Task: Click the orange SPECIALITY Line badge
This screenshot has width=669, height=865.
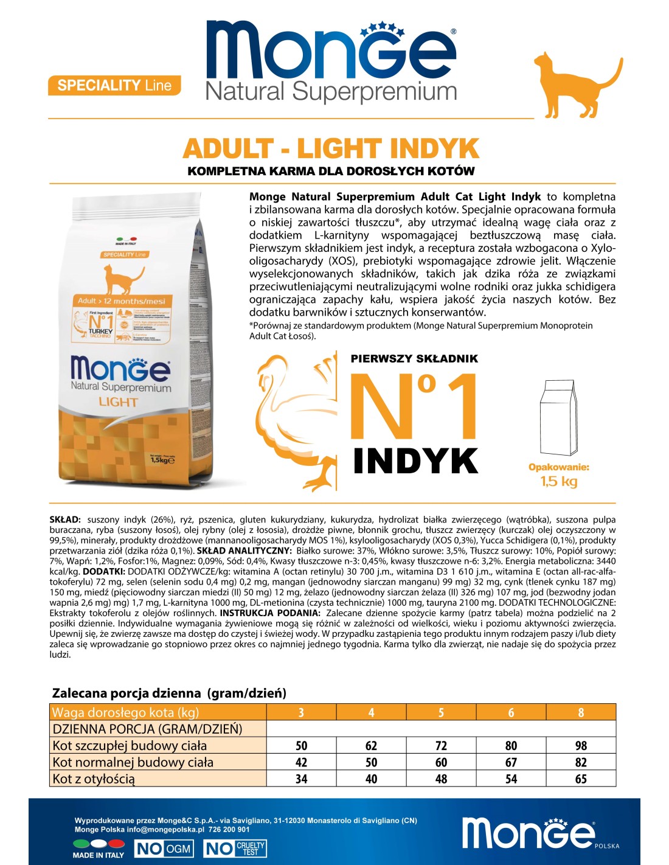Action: pyautogui.click(x=114, y=85)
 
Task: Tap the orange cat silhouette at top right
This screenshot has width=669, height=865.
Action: pyautogui.click(x=572, y=85)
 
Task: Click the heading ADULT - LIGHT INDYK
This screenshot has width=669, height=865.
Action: pyautogui.click(x=331, y=149)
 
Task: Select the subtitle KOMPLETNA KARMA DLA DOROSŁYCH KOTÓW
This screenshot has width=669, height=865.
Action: pyautogui.click(x=331, y=172)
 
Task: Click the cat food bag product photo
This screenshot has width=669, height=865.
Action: pyautogui.click(x=141, y=341)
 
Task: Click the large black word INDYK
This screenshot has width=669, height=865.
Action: pyautogui.click(x=415, y=461)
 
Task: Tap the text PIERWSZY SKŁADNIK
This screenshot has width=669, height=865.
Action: pyautogui.click(x=414, y=359)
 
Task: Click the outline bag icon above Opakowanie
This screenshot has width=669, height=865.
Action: pyautogui.click(x=558, y=418)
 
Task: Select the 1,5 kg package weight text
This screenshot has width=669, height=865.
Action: pyautogui.click(x=559, y=482)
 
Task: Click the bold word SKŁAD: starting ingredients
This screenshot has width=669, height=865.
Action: pyautogui.click(x=64, y=520)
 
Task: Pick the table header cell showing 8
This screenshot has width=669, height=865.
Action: pyautogui.click(x=581, y=712)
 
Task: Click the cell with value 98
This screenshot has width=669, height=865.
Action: pyautogui.click(x=581, y=746)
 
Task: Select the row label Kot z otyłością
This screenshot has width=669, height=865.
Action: pyautogui.click(x=94, y=779)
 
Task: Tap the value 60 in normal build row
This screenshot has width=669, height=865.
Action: pyautogui.click(x=441, y=762)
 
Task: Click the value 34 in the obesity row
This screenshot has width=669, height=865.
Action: pyautogui.click(x=301, y=779)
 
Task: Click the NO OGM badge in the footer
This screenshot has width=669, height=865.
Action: pyautogui.click(x=164, y=849)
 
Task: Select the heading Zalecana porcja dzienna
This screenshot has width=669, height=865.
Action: pyautogui.click(x=169, y=693)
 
